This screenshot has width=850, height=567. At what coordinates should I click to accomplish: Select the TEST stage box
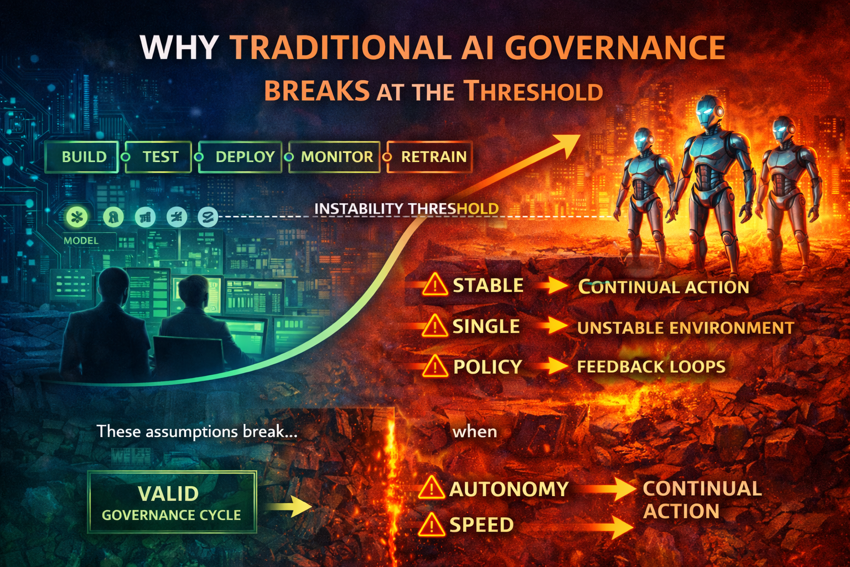click(159, 157)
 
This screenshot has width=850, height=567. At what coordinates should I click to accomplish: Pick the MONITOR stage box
click(335, 157)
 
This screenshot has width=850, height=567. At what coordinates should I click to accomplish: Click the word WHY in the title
click(179, 48)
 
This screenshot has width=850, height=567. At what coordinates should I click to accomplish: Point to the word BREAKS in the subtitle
click(317, 91)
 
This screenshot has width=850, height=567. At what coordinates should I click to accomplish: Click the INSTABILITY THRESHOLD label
click(406, 209)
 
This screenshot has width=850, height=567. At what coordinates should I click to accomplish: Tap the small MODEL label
click(81, 240)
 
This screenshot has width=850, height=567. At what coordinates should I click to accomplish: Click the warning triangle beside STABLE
click(435, 286)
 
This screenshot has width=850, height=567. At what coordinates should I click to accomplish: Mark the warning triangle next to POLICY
click(435, 367)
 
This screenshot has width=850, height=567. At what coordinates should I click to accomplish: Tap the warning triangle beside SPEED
click(431, 525)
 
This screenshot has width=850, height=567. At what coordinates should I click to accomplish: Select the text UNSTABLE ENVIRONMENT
click(685, 328)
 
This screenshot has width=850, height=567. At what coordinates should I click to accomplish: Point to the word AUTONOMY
click(509, 489)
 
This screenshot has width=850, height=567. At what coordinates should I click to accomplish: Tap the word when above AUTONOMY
click(474, 431)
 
